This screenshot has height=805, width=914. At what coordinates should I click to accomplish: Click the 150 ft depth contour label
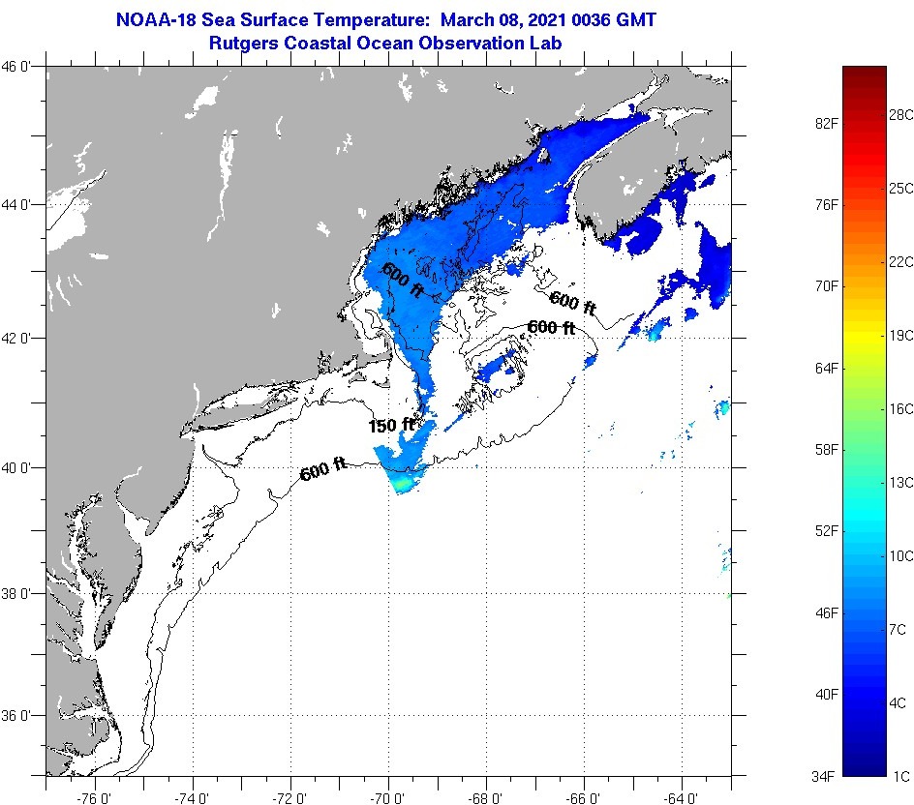point(390,425)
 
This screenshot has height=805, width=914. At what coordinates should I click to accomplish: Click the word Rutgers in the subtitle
point(242,43)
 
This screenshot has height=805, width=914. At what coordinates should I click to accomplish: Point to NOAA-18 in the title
point(159,19)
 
